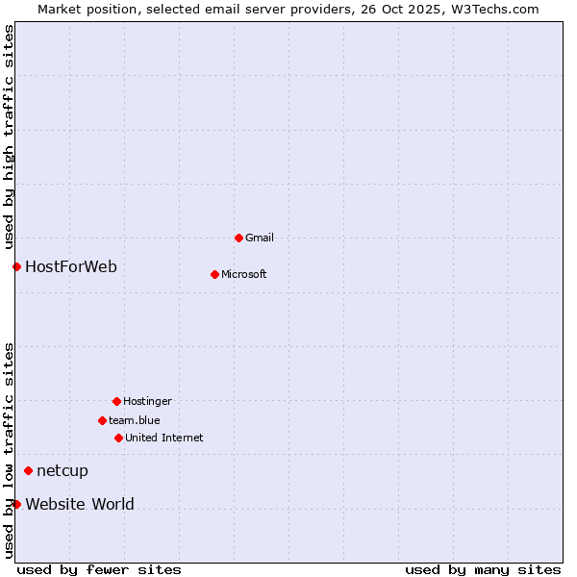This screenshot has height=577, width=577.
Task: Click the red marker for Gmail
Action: (x=238, y=238)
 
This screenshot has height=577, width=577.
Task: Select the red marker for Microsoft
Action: (x=214, y=274)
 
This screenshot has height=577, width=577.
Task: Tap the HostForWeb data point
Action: (x=16, y=266)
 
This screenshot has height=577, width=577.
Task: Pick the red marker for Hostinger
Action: (x=116, y=401)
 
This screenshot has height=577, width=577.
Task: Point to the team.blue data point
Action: (x=102, y=420)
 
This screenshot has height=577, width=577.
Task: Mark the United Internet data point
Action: (x=118, y=438)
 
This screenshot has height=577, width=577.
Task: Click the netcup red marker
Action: (x=28, y=470)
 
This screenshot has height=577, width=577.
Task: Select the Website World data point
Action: (x=16, y=504)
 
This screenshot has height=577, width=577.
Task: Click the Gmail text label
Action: (x=260, y=238)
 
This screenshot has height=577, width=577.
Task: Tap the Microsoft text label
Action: (x=244, y=274)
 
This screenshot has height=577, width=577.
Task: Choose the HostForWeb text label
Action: (x=71, y=266)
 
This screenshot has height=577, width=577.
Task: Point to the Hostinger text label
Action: (x=147, y=401)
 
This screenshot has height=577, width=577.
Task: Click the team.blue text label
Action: (x=135, y=420)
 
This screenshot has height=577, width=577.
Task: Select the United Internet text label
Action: (x=164, y=438)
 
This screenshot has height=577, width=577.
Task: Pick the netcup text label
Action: (x=63, y=470)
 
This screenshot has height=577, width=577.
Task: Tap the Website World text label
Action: (x=80, y=504)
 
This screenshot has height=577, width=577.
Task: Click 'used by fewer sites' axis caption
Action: (x=99, y=569)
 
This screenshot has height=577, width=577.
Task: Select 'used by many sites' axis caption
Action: (x=483, y=569)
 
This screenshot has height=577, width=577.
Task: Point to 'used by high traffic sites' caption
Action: (x=9, y=135)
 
